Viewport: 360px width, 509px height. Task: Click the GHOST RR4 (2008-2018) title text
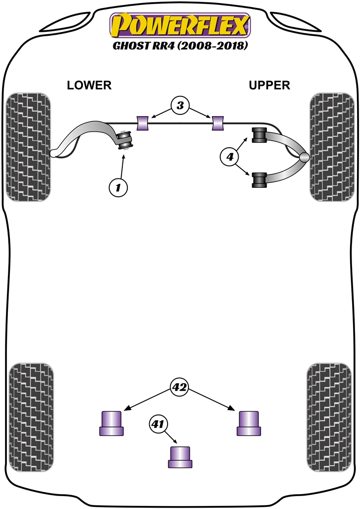[180, 47]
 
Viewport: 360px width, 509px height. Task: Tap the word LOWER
[90, 85]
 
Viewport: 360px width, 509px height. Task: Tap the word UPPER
[269, 85]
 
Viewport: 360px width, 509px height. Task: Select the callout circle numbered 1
[118, 187]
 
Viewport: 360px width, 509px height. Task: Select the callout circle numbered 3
[180, 105]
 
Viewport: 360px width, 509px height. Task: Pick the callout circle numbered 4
[229, 158]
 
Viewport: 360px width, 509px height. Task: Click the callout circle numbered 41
[158, 424]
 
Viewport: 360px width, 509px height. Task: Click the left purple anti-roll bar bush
[143, 122]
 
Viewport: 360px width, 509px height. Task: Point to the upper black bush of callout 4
[260, 135]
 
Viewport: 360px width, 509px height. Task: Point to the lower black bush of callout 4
[260, 179]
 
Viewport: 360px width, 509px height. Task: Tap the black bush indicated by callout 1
[124, 140]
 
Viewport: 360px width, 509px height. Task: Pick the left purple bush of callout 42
[112, 423]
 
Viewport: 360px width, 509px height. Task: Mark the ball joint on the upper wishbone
[304, 157]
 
